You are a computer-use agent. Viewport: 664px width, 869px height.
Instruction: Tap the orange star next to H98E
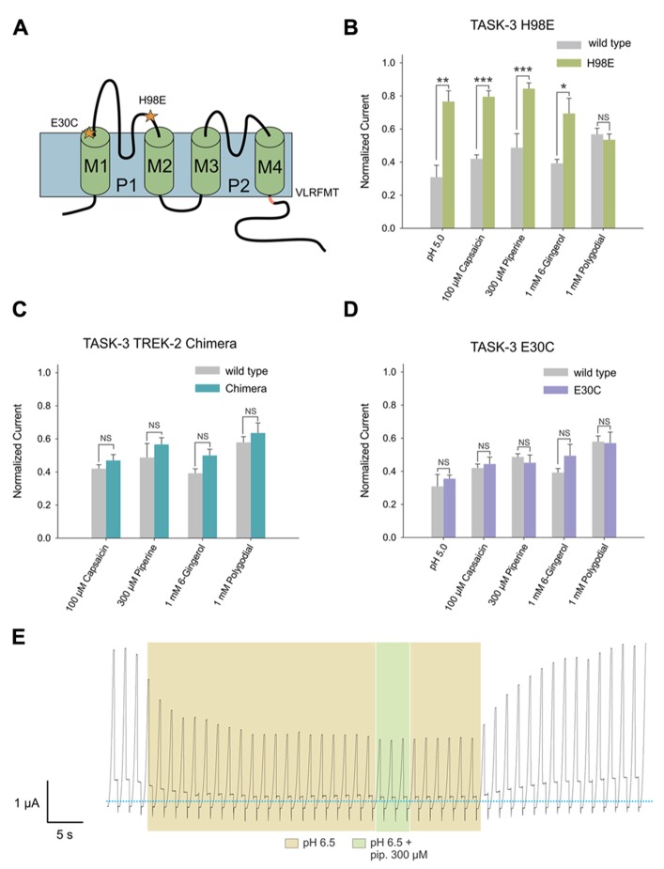pos(151,116)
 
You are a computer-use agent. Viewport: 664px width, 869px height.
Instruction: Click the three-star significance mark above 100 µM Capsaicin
pos(482,79)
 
